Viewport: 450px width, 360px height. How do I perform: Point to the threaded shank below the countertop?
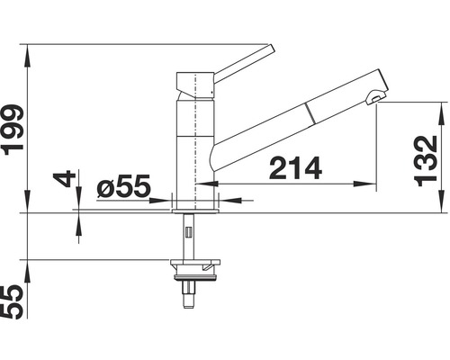(189, 236)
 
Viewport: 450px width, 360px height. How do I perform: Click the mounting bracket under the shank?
(193, 266)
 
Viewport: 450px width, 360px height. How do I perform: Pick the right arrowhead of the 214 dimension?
(372, 186)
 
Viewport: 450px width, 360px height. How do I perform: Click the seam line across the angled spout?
(311, 112)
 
